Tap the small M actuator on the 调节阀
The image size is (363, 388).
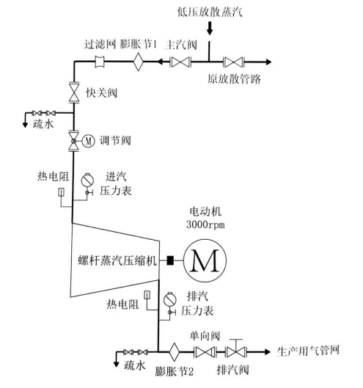point(88,141)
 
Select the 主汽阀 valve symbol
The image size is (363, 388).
point(180,62)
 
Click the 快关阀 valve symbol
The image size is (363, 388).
point(74,92)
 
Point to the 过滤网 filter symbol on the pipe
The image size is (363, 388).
point(100,62)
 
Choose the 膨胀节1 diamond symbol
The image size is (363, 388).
point(139,62)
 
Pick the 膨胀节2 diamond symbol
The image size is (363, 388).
point(175,351)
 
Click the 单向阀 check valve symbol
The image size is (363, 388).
point(205,352)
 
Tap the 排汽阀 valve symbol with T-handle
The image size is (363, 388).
point(235,349)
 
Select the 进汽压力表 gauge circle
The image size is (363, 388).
point(87,180)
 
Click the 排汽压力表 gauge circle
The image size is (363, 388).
point(170,299)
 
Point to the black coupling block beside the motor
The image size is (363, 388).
point(170,260)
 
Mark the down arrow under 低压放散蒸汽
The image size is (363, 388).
point(210,28)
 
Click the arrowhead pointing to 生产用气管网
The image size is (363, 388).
point(267,351)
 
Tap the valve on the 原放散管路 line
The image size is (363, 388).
point(234,62)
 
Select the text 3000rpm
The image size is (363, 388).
point(205,224)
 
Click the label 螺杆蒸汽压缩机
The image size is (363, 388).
point(117,260)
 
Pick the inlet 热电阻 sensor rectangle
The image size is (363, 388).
point(62,192)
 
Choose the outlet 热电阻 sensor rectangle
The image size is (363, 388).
point(147,295)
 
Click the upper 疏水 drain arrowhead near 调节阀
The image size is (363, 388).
point(25,125)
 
